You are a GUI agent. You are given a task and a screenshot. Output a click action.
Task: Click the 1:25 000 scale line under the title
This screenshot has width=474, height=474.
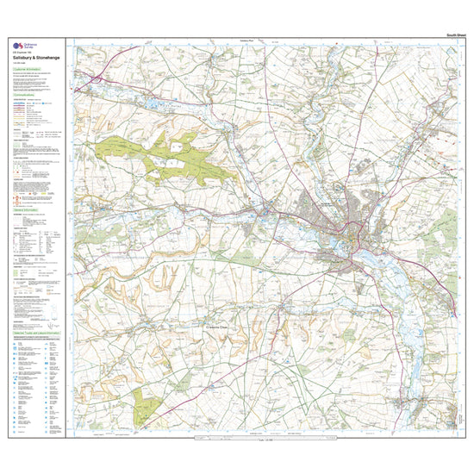pyautogui.click(x=20, y=63)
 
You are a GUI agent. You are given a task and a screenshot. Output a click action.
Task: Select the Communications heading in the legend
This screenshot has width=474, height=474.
pyautogui.click(x=26, y=95)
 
